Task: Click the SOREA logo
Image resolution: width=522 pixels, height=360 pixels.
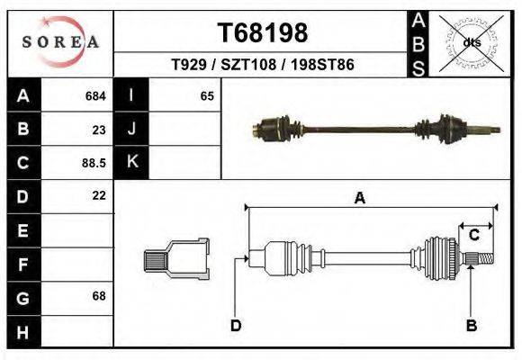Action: coord(60,41)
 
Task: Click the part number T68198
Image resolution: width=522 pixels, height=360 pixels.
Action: coord(263,33)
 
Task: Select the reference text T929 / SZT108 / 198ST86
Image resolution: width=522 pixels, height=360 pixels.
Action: coord(263,65)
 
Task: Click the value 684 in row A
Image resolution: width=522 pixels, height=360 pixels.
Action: coord(94,95)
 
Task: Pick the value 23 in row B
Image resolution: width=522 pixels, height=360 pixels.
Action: coord(99,129)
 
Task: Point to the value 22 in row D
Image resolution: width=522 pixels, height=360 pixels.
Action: coord(99,195)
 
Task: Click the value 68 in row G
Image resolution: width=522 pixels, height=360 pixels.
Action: coord(99,296)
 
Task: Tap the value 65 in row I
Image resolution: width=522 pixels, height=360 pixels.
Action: coord(206,95)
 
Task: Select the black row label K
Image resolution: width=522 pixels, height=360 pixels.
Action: coord(132,162)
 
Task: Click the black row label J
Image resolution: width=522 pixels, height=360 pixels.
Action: coord(132,129)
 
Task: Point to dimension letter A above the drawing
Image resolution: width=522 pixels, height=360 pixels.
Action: coord(359,198)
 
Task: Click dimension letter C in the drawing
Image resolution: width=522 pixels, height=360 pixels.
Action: coord(473,235)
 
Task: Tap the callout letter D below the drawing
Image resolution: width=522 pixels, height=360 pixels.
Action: coord(235,325)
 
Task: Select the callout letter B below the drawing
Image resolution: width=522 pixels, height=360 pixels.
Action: coord(471,325)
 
